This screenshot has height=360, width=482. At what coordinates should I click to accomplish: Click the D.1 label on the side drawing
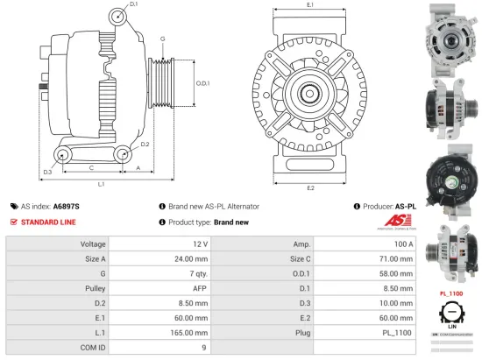click(134, 5)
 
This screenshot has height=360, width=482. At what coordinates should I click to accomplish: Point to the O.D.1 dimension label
click(201, 83)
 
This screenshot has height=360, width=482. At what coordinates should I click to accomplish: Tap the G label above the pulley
click(162, 39)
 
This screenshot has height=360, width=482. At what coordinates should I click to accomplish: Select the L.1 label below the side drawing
click(101, 184)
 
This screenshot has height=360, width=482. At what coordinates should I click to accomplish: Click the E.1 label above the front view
click(310, 5)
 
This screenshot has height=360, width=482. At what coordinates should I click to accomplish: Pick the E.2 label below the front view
click(310, 187)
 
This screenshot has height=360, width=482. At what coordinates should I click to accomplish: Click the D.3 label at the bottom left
click(47, 172)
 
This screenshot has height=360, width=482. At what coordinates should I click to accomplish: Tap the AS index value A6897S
click(66, 206)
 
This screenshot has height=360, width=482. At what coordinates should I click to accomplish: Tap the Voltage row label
click(93, 244)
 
